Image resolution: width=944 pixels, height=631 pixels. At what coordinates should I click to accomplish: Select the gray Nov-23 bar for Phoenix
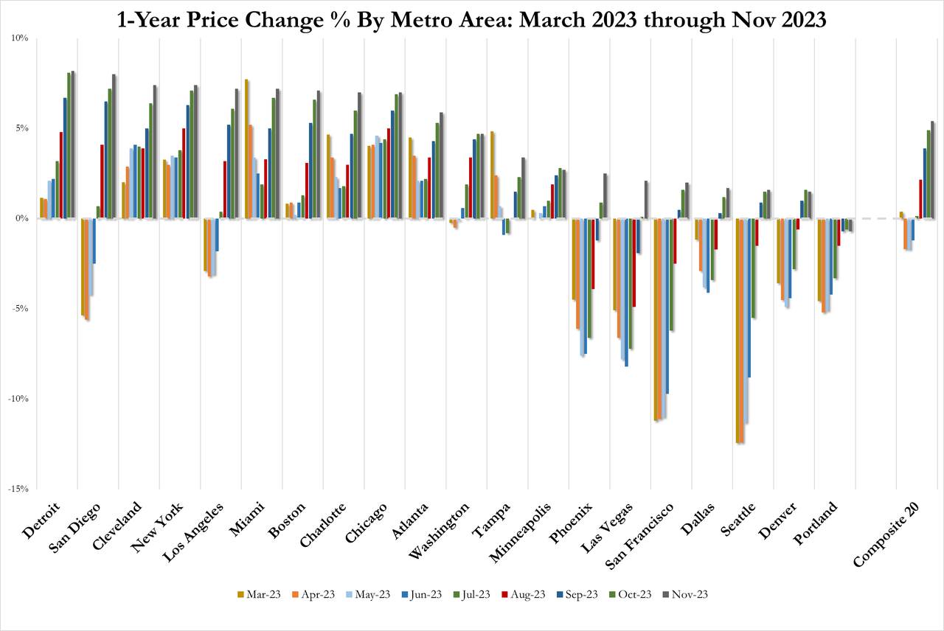[605, 196]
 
